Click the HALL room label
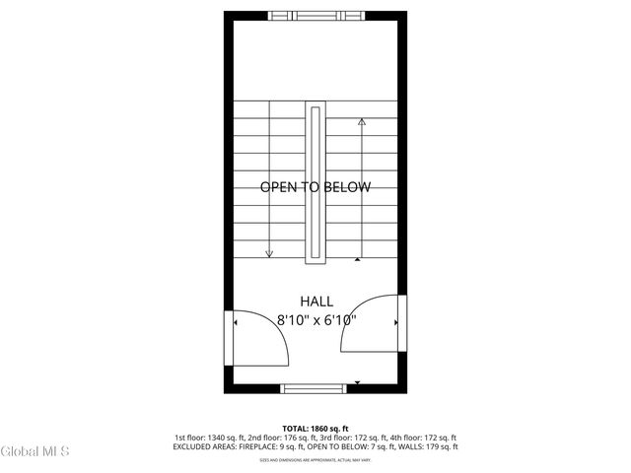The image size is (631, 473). tap(315, 302)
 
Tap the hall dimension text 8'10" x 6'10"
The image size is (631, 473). tap(315, 319)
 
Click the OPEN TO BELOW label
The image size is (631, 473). tap(315, 187)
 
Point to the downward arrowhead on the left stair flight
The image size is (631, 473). tap(269, 253)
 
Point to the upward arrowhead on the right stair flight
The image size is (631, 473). tap(362, 122)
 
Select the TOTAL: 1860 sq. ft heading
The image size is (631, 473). tap(315, 428)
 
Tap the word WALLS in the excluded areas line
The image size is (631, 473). tap(413, 447)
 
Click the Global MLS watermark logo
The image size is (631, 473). tap(35, 452)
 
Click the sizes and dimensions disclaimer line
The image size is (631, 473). tap(315, 460)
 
